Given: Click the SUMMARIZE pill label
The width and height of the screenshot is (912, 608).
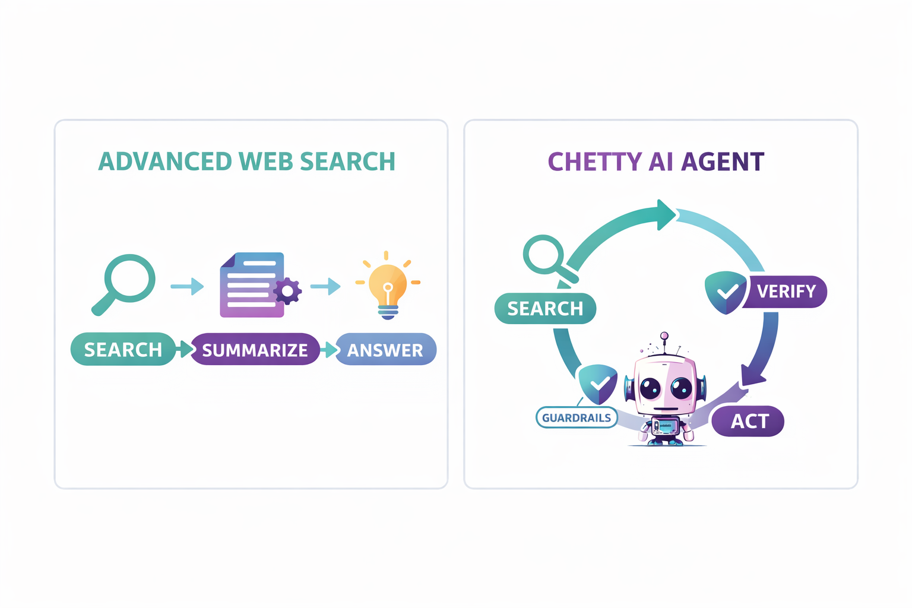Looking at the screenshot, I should pyautogui.click(x=255, y=350).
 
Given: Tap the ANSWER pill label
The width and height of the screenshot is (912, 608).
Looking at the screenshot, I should pyautogui.click(x=385, y=350).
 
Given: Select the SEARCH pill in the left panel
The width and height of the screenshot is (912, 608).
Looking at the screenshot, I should pyautogui.click(x=123, y=349).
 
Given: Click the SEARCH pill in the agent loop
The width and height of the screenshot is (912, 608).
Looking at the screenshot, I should pyautogui.click(x=545, y=309).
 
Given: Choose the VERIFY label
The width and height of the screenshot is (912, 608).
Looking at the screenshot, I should pyautogui.click(x=787, y=292).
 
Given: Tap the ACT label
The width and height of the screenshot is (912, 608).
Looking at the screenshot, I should pyautogui.click(x=749, y=421).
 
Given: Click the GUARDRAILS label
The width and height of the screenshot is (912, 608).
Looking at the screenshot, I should pyautogui.click(x=577, y=418).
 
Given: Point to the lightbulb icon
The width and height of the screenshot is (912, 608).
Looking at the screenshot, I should pyautogui.click(x=388, y=286).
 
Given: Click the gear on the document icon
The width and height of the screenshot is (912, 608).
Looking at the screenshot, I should pyautogui.click(x=288, y=291).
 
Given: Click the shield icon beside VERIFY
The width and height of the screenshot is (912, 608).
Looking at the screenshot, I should pyautogui.click(x=726, y=292).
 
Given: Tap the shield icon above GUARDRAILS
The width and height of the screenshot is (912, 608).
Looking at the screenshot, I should pyautogui.click(x=598, y=384).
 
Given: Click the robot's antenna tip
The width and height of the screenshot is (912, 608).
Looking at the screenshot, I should pyautogui.click(x=664, y=336).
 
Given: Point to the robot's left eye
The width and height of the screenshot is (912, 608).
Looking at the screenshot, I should pyautogui.click(x=650, y=388).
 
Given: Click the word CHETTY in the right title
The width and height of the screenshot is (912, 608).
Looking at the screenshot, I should pyautogui.click(x=594, y=162).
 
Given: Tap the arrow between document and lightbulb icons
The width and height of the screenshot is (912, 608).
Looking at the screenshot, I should pyautogui.click(x=325, y=286).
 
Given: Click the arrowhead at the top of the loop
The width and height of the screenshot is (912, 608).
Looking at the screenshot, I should pyautogui.click(x=666, y=215).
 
